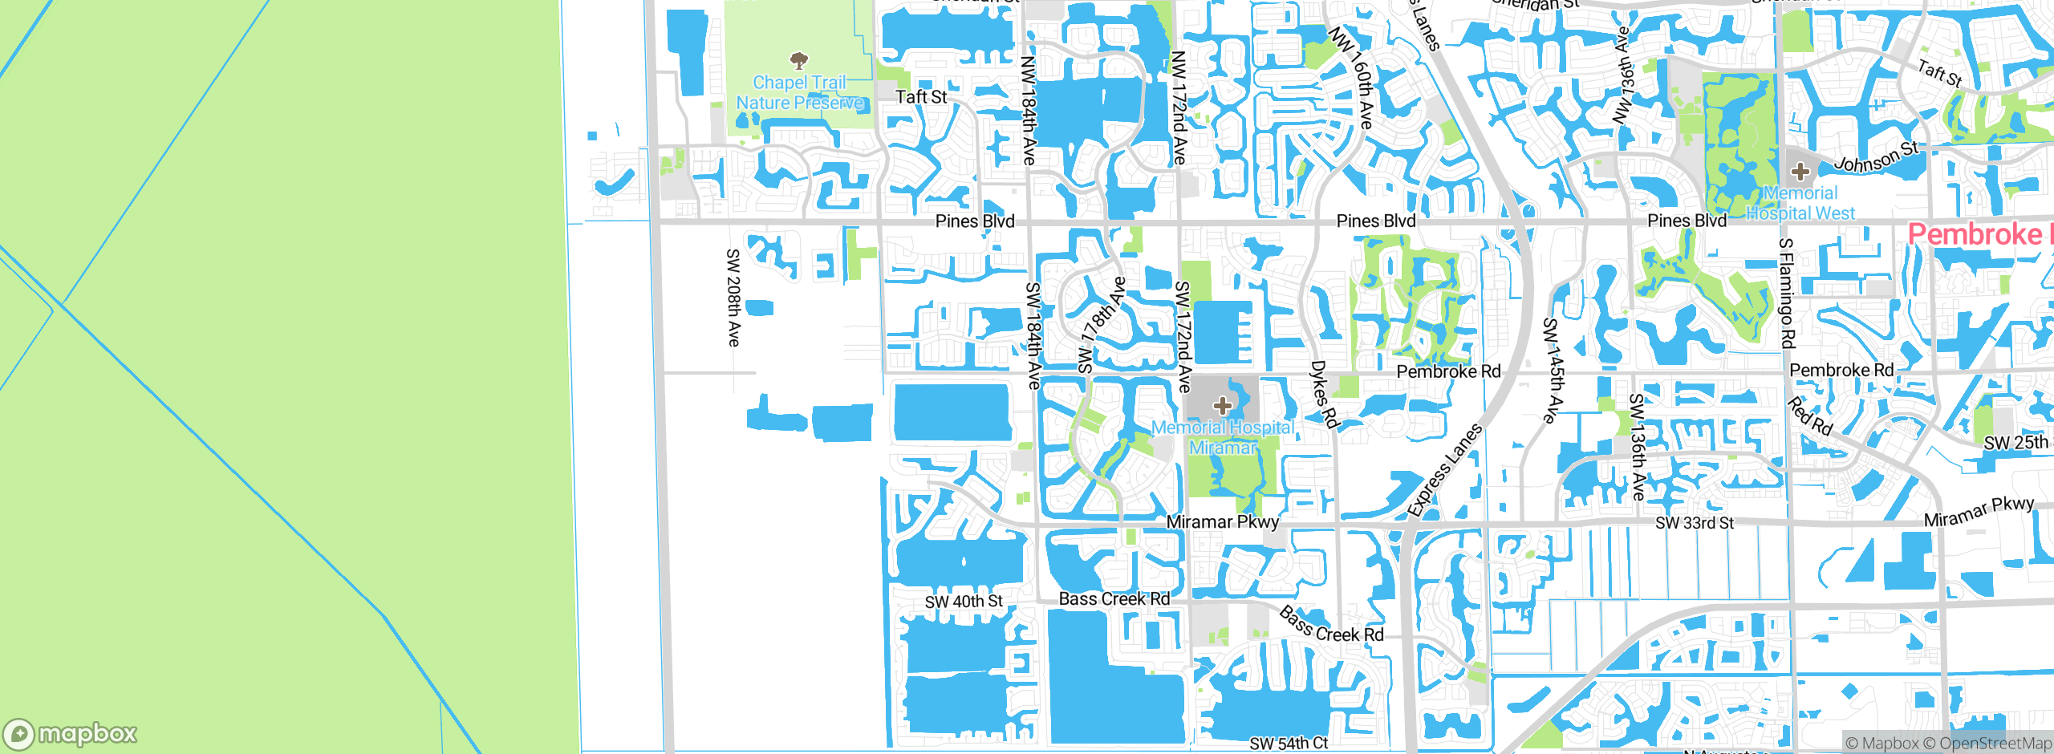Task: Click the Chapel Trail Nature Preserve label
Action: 800,93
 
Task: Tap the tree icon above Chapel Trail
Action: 798,60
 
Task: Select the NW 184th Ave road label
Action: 1029,110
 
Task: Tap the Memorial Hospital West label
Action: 1800,204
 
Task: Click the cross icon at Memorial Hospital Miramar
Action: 1222,406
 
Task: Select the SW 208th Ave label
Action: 733,298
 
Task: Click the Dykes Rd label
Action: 1325,394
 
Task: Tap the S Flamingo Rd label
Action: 1786,294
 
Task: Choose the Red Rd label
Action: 1810,416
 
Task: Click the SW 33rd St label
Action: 1695,523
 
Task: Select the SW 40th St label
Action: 963,602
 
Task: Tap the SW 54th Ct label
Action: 1289,744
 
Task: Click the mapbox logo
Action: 70,733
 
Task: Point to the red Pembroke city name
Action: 1979,235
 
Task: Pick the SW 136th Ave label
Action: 1638,447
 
